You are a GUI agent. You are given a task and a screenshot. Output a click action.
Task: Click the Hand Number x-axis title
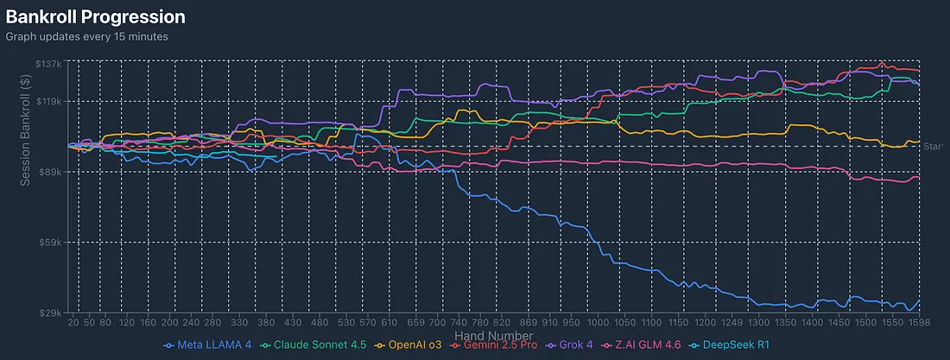(493, 336)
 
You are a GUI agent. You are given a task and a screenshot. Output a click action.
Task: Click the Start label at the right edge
(934, 147)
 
